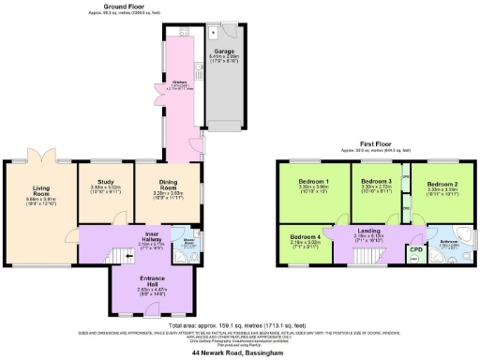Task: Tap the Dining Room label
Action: tap(165, 191)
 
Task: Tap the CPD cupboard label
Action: tap(415, 248)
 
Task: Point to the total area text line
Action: tap(240, 323)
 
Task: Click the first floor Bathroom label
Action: tap(447, 242)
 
